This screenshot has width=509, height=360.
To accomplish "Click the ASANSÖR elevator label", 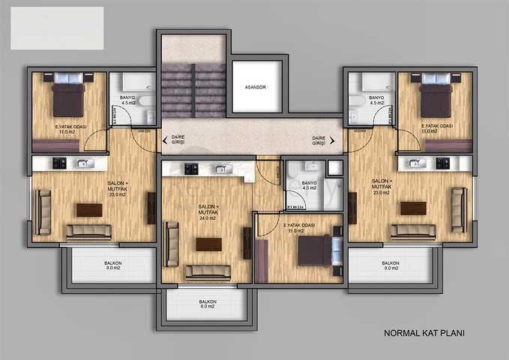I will (x=256, y=87).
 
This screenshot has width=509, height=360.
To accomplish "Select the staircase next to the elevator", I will (x=193, y=89).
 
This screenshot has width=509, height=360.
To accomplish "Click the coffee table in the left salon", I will (x=89, y=209).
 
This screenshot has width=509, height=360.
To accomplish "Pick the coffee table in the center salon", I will (x=208, y=244).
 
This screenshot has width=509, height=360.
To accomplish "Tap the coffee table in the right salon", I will (x=412, y=208).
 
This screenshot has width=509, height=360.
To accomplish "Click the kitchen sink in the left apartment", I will (x=82, y=163).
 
